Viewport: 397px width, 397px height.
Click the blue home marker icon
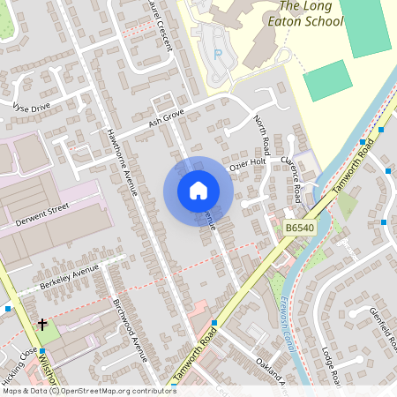coord(198,191)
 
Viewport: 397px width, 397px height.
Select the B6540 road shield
coord(300,228)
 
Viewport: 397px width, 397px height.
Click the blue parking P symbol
coord(218,53)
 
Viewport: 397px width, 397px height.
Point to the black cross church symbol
coord(41,325)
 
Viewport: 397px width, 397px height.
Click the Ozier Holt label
coord(247,163)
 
